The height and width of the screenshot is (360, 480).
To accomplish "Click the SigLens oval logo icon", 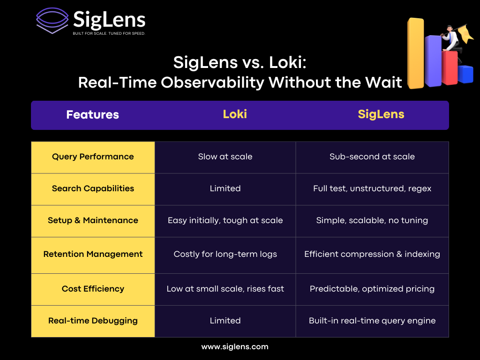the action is [x=52, y=20].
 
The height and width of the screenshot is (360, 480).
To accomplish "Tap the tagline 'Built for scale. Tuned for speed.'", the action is [x=109, y=33].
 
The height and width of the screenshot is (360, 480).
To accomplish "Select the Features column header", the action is [x=92, y=114].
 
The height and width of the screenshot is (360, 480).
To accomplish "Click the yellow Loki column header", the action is [x=235, y=114].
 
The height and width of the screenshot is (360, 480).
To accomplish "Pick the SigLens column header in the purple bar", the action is [x=381, y=114].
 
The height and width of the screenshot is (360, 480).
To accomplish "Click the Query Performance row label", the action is [x=93, y=157].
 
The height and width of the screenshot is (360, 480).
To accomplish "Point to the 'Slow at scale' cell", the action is [x=225, y=157].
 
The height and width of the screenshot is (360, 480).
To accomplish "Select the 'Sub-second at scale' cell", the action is [x=372, y=157].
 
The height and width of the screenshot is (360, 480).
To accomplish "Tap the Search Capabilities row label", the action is [x=93, y=188].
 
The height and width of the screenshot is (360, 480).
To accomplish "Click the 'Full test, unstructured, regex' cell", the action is [x=372, y=188].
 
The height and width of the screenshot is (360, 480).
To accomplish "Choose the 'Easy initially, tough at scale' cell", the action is [x=225, y=220].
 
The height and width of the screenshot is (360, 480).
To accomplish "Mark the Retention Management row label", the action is [x=93, y=254].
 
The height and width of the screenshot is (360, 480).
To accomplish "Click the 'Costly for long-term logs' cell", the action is [x=225, y=254].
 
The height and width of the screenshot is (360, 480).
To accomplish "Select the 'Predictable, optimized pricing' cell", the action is [x=372, y=289].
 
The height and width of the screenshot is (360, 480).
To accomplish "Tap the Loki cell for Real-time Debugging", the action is [x=225, y=321].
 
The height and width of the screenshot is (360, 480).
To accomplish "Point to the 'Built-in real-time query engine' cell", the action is [x=372, y=321].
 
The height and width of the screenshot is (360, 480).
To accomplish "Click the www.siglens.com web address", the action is [x=235, y=347].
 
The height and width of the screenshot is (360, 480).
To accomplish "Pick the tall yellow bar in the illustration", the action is [x=416, y=53].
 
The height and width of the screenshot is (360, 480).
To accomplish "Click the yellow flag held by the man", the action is [x=465, y=33].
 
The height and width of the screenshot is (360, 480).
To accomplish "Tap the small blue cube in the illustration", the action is [x=465, y=74].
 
